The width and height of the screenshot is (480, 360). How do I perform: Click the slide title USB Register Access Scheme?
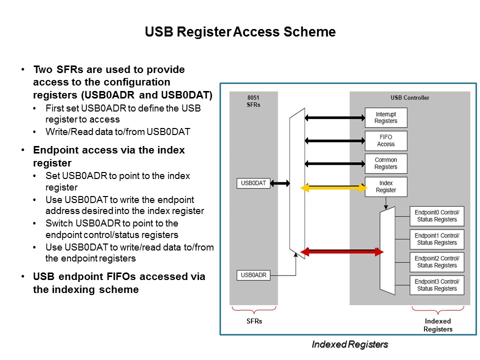[x=240, y=32]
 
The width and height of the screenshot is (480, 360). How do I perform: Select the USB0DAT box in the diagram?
[x=253, y=183]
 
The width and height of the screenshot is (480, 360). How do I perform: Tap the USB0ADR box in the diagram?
[x=253, y=274]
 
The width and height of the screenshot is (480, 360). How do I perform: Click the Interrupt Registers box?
[x=385, y=118]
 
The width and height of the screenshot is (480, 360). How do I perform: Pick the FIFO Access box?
[x=385, y=141]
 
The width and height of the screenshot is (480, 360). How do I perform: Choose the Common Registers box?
[x=385, y=164]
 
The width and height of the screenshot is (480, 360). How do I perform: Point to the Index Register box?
[x=385, y=187]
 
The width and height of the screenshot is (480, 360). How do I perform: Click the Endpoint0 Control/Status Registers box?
[x=436, y=216]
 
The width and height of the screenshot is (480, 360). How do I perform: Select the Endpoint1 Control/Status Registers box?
[x=436, y=239]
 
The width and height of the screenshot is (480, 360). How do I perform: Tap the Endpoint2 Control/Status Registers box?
[x=436, y=262]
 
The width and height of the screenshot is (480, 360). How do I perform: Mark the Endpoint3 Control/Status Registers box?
[x=436, y=285]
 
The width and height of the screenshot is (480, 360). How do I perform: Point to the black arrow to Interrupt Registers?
[x=335, y=118]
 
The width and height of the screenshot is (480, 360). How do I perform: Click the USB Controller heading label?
[x=409, y=97]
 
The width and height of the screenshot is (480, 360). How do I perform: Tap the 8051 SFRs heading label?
[x=253, y=101]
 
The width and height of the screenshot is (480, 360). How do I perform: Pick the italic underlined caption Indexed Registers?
[x=349, y=344]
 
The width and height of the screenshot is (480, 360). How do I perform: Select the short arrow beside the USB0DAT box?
[x=280, y=183]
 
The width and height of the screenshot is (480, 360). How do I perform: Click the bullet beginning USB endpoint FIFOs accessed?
[x=119, y=283]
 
